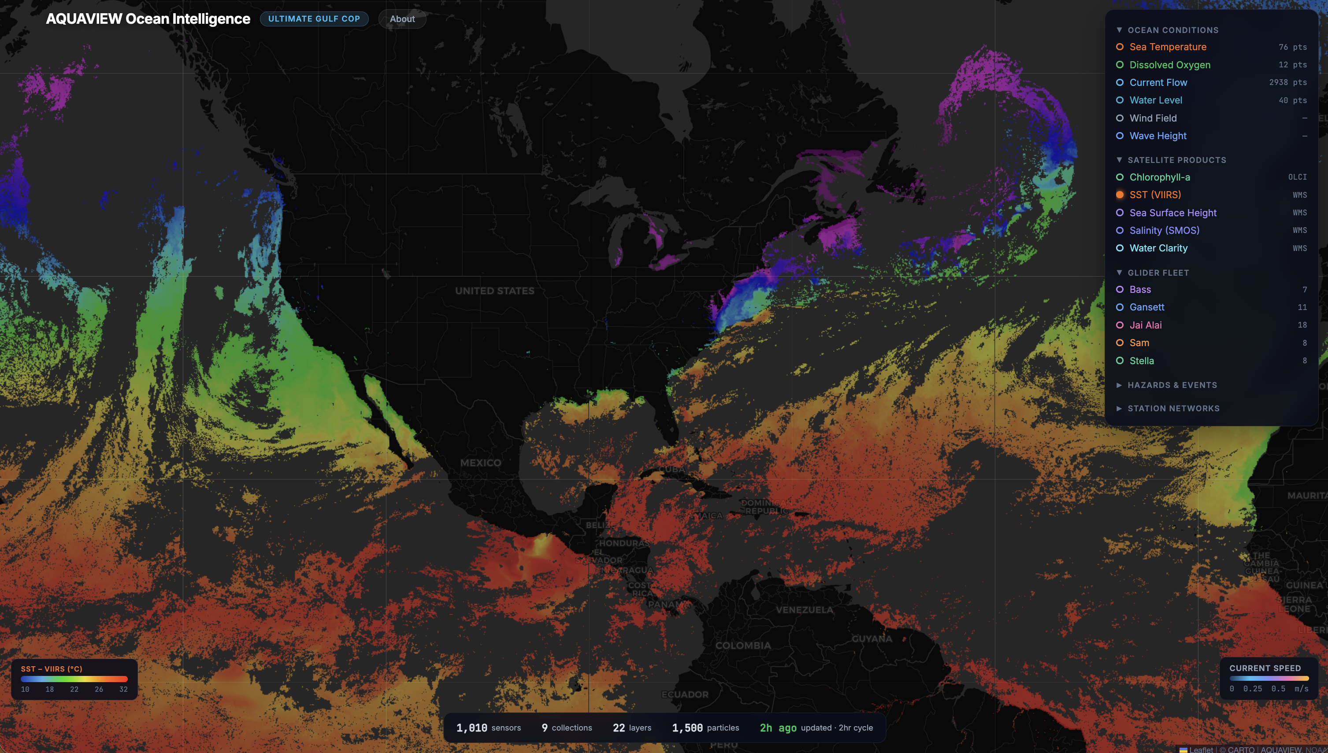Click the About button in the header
(402, 19)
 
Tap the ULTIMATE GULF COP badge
(314, 19)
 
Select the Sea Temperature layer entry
(1168, 47)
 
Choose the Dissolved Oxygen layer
(1170, 65)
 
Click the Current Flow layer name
(1158, 82)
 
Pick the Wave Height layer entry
(1158, 136)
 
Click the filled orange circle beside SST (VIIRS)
(1120, 195)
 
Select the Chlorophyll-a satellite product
(1159, 177)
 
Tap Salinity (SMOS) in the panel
(1164, 231)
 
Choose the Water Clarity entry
(1158, 248)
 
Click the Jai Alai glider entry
(1146, 325)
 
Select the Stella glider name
(1141, 361)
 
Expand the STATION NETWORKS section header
(1173, 409)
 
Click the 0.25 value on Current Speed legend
(1253, 689)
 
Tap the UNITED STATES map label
(494, 291)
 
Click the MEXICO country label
(481, 463)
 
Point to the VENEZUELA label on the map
(805, 610)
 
